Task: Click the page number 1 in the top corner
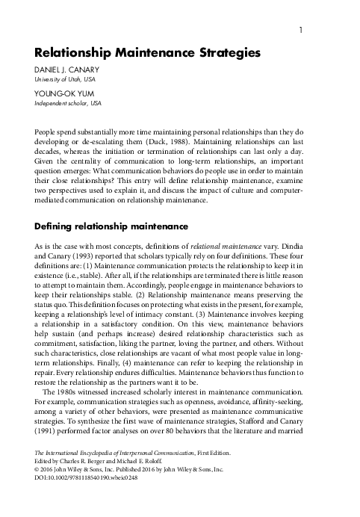click(300, 31)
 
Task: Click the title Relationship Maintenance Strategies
click(147, 54)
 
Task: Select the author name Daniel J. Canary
click(66, 71)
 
